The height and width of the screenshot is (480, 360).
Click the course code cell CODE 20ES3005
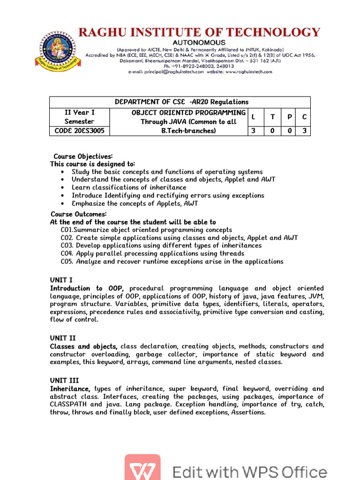click(x=79, y=131)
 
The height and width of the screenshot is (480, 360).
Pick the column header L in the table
click(x=254, y=117)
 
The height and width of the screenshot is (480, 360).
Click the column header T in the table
click(x=272, y=117)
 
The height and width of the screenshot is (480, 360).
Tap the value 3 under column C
click(x=304, y=131)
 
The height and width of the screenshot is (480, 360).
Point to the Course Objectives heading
click(x=83, y=156)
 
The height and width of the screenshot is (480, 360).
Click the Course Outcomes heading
click(x=79, y=214)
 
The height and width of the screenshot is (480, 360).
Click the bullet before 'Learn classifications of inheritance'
click(x=62, y=187)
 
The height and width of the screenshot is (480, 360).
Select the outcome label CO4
click(x=67, y=253)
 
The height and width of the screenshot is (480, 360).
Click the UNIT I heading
click(x=61, y=280)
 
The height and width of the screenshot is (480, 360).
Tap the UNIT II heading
click(x=63, y=337)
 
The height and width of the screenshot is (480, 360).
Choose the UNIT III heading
click(x=64, y=380)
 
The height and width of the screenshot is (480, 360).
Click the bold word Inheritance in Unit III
click(x=70, y=389)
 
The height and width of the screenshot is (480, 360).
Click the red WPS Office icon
click(x=142, y=467)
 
